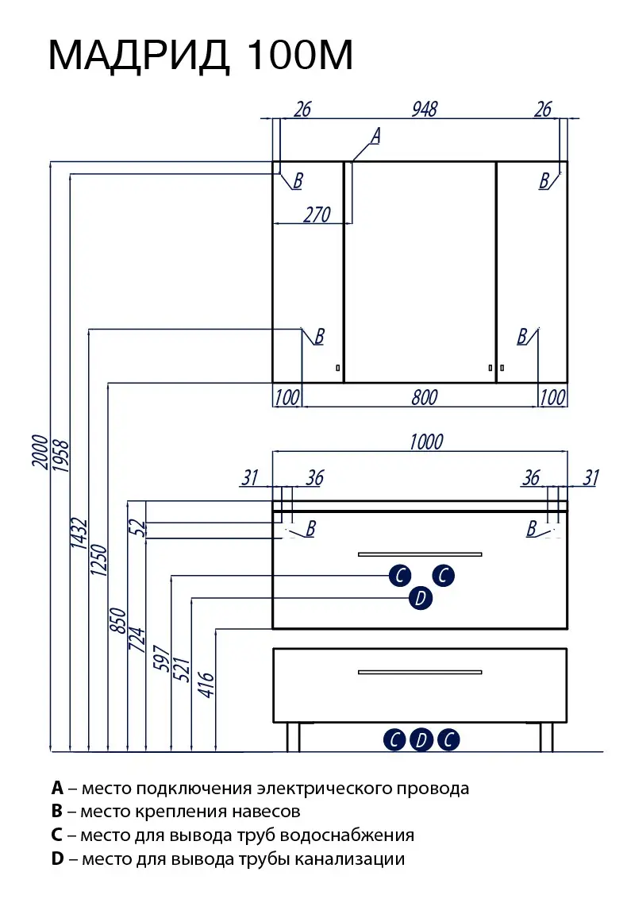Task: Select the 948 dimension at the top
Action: (x=425, y=110)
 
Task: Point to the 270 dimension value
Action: (x=317, y=214)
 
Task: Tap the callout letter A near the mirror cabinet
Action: (x=375, y=137)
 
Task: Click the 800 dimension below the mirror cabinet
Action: (x=425, y=397)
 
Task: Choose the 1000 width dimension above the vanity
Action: (x=426, y=442)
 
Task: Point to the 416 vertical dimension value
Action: (x=206, y=684)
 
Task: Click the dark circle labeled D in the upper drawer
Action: (x=421, y=598)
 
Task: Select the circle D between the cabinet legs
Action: (x=421, y=740)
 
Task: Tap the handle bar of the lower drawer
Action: (x=420, y=673)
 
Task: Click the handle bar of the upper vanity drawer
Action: (x=420, y=554)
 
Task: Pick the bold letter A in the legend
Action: (x=57, y=789)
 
